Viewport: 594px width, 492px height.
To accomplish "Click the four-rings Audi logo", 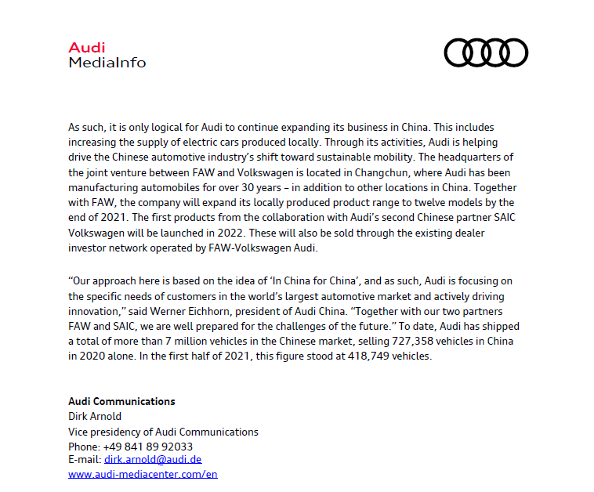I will coord(486,52).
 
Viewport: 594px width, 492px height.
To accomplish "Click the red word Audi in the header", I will coord(86,48).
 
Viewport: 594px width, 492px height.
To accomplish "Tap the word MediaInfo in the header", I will coord(107,62).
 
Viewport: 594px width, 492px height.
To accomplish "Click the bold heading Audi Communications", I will coord(121,401).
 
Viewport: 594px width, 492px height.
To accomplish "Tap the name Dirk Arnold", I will coord(95,416).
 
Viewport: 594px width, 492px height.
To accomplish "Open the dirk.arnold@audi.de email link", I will coord(153,460).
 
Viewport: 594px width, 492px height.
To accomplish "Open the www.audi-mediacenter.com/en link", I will coord(143,475).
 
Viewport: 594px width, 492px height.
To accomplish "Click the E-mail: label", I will coord(85,460).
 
